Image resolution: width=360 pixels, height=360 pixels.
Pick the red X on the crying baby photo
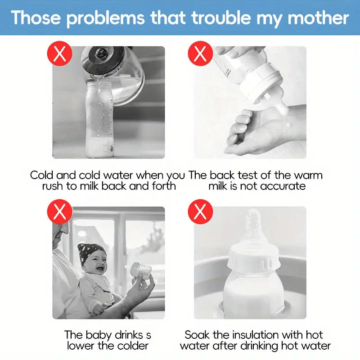click(59, 211)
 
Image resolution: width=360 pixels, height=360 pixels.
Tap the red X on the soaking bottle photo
click(200, 211)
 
